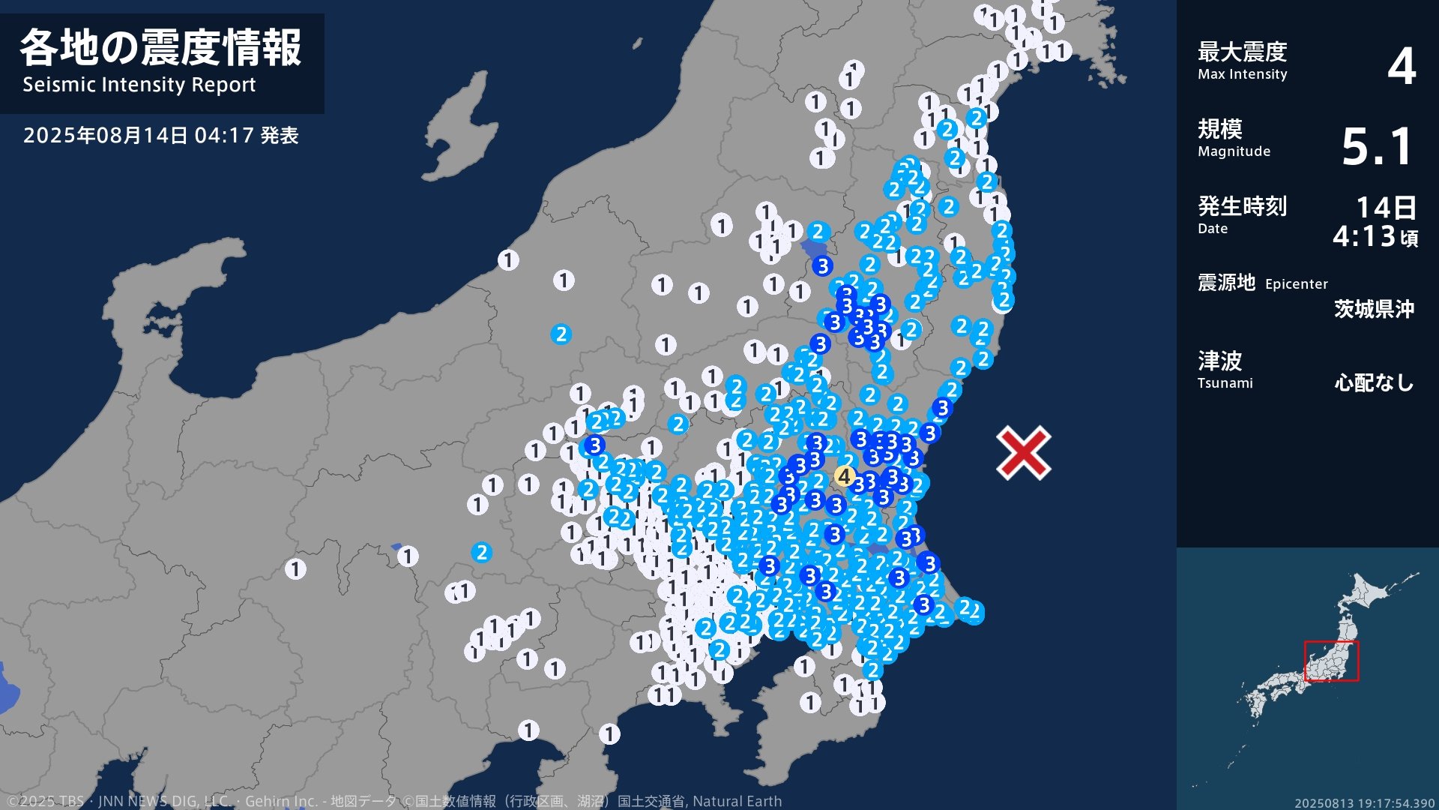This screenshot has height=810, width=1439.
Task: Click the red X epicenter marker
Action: [1023, 452]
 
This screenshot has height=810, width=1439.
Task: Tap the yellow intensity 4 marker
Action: [845, 476]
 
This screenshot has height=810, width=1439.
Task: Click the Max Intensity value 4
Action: [1401, 66]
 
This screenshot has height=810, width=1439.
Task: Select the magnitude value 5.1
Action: [1377, 146]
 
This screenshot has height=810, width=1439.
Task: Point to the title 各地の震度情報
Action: [160, 48]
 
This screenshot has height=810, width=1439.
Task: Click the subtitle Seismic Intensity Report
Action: [139, 85]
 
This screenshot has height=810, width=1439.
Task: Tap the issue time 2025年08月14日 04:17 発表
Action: [160, 136]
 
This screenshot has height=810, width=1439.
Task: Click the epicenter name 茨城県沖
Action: [1374, 309]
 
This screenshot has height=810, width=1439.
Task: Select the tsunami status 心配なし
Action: [1374, 383]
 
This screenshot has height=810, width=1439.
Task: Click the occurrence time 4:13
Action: [1364, 237]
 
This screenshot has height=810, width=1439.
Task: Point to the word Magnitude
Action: [1234, 151]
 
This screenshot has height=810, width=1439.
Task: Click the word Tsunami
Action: [1225, 383]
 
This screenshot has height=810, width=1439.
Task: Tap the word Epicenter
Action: [1296, 284]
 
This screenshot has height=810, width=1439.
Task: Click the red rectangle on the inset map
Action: [1331, 661]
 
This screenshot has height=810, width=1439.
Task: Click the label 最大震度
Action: [1242, 52]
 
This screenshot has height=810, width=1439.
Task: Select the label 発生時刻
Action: [1242, 205]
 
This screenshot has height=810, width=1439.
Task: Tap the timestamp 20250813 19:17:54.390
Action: [1364, 803]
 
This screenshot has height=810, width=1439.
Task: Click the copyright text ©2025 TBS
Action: [45, 802]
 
